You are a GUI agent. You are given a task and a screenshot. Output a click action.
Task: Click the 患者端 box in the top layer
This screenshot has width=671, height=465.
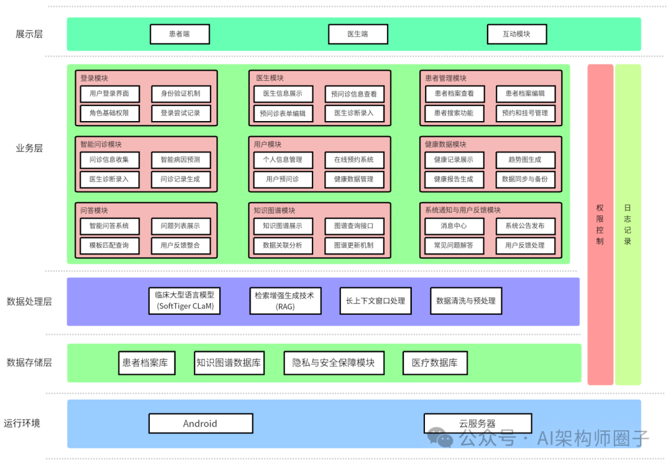[180, 34]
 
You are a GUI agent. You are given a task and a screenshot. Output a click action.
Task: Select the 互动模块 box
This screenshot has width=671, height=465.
[516, 34]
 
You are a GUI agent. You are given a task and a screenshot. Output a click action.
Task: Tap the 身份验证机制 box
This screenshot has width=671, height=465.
[181, 94]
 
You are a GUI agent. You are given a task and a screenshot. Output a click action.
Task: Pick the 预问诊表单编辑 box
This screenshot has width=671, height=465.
[283, 114]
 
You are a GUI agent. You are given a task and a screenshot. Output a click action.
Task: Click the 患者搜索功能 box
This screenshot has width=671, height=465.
[454, 113]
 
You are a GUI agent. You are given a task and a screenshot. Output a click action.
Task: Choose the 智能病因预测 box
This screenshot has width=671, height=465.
[181, 160]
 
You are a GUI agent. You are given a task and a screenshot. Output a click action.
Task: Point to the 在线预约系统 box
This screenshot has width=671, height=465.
[354, 160]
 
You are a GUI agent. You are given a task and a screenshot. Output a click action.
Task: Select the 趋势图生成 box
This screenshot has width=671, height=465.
[525, 160]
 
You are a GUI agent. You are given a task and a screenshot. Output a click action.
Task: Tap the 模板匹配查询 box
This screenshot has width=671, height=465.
[109, 245]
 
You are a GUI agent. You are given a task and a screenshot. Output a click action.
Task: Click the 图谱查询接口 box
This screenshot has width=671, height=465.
[354, 226]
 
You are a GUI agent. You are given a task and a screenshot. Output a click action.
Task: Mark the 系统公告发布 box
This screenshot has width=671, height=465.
[525, 226]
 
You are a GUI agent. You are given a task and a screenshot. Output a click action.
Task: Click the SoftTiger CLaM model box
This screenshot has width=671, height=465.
[185, 300]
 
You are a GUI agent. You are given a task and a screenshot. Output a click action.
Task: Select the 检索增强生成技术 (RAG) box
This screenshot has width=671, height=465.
[285, 300]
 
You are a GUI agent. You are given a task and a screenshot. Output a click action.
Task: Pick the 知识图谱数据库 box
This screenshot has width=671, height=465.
[229, 363]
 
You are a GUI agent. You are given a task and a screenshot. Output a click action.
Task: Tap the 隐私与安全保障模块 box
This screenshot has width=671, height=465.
[334, 363]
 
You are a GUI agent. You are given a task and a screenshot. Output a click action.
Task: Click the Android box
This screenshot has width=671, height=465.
[201, 423]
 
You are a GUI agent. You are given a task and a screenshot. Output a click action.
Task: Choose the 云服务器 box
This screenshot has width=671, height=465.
[478, 423]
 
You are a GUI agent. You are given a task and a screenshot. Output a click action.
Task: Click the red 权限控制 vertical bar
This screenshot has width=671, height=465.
[600, 223]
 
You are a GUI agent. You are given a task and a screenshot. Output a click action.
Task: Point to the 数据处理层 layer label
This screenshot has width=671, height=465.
[29, 302]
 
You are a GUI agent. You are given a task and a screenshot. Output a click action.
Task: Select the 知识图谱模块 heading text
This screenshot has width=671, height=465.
[275, 210]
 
